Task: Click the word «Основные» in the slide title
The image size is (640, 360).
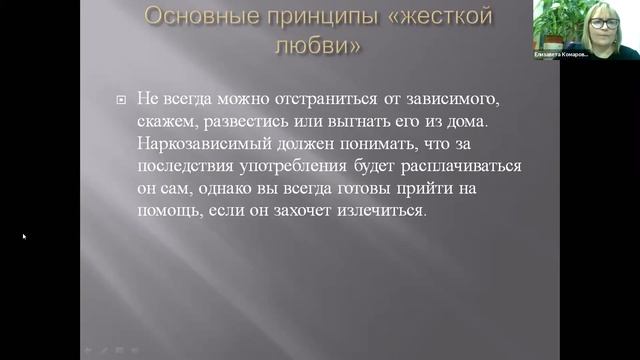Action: click(x=189, y=17)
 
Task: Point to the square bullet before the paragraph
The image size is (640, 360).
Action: click(x=121, y=100)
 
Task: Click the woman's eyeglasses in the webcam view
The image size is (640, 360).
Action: click(x=603, y=23)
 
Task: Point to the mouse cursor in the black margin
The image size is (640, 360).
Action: click(x=24, y=237)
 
